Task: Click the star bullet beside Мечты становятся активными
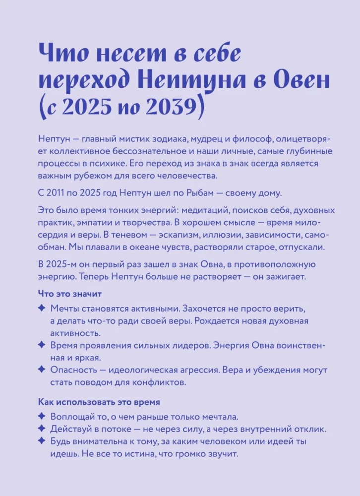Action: point(42,309)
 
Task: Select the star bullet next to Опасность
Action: point(42,370)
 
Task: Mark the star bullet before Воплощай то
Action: point(42,416)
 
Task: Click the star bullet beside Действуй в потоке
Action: point(42,429)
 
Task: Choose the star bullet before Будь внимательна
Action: point(42,441)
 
